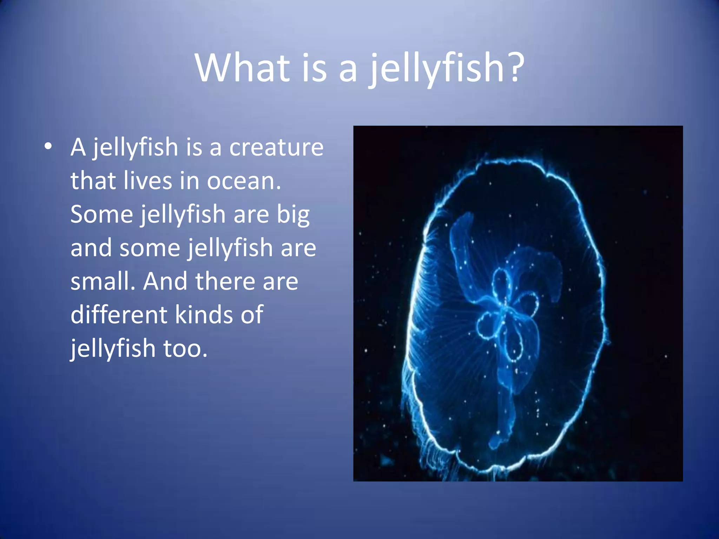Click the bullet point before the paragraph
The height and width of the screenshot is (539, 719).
48,146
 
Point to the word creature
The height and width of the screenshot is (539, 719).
276,147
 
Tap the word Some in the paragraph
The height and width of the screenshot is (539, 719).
101,214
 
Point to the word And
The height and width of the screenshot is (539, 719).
165,281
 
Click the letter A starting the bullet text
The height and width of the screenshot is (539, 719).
78,147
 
